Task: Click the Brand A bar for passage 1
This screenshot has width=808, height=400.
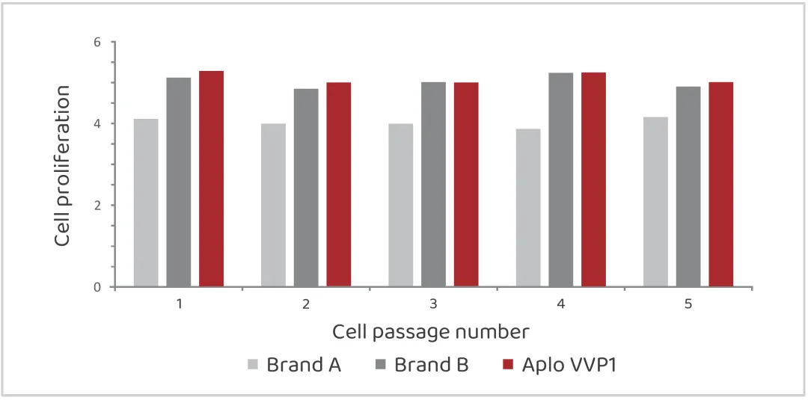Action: coord(146,203)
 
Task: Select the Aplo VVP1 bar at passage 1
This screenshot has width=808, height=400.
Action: coord(211,179)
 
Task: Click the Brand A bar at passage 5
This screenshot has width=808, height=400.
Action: coord(655,202)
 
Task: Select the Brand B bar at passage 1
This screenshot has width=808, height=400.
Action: coord(178,182)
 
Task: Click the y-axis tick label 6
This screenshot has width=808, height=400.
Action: coord(97,42)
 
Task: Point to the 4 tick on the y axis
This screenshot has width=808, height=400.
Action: coord(97,123)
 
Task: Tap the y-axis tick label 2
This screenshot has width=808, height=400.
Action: coord(97,206)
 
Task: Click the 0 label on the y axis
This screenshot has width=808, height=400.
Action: coord(97,287)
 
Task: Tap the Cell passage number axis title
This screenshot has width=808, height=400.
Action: coord(431,331)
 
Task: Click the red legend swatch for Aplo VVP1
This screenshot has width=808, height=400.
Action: coord(509,365)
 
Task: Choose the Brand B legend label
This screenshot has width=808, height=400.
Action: coord(431,365)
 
